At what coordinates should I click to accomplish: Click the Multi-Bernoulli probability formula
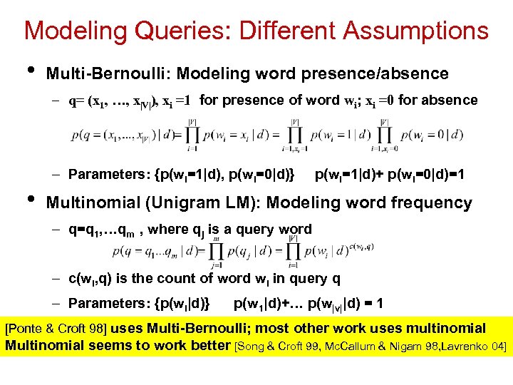coord(235,135)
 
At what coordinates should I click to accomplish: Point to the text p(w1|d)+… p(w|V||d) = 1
coord(308,304)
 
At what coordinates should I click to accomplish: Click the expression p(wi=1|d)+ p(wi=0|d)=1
coord(390,173)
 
